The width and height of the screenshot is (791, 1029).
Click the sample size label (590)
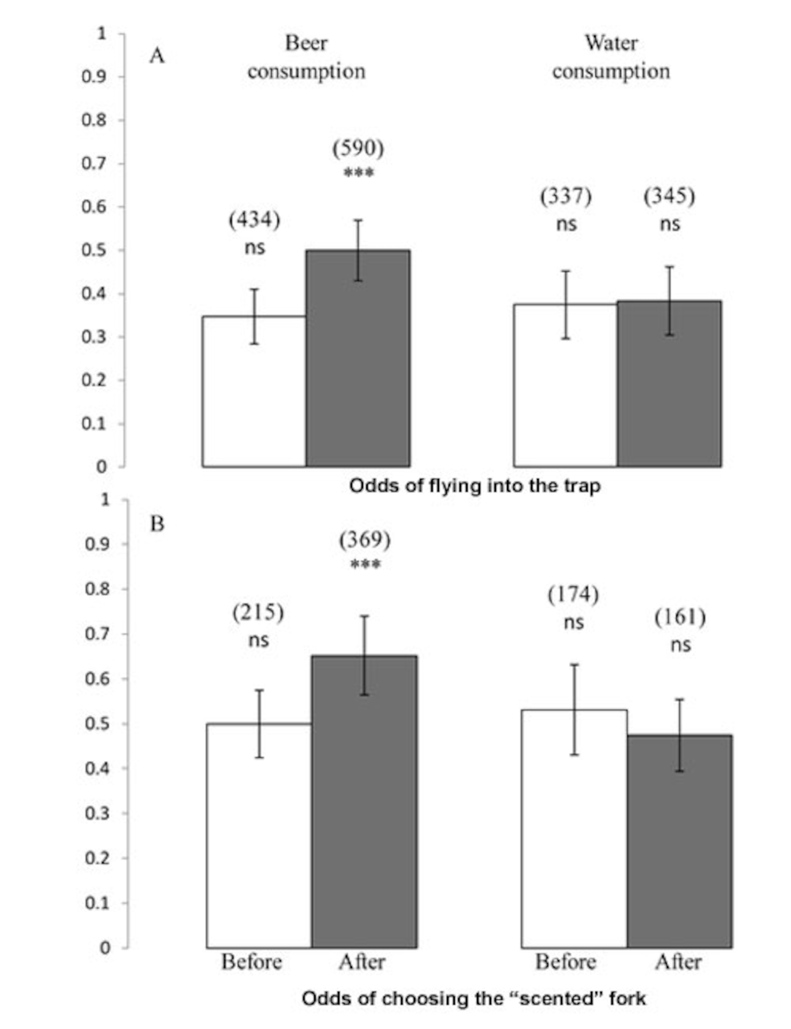(x=358, y=148)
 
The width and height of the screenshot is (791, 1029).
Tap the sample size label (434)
(x=255, y=219)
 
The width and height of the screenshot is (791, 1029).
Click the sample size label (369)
(x=365, y=540)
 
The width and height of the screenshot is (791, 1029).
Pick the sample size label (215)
(x=258, y=613)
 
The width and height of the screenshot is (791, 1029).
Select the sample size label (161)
(x=680, y=617)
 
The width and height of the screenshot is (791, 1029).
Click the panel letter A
(x=157, y=57)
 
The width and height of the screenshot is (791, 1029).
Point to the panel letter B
(x=157, y=524)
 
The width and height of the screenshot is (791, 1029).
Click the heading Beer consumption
(x=307, y=58)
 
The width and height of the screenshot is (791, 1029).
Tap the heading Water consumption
(x=611, y=58)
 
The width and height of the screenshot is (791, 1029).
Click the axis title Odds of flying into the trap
(x=475, y=486)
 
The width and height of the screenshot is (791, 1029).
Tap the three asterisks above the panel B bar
(x=365, y=564)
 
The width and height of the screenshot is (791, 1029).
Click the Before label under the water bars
(x=565, y=962)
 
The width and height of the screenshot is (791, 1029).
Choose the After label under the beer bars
(x=362, y=962)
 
